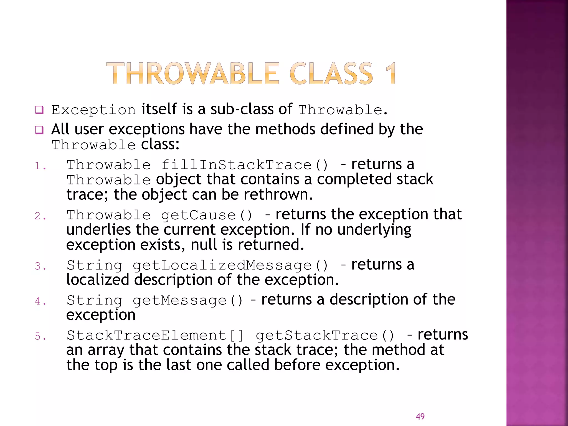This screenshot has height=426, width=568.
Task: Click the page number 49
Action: point(420,416)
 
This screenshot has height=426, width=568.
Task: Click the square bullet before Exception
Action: point(39,110)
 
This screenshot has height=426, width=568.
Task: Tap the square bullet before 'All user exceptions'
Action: point(39,130)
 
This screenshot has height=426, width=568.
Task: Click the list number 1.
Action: point(40,166)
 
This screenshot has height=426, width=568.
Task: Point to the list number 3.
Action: point(40,266)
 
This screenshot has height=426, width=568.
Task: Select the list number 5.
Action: point(40,336)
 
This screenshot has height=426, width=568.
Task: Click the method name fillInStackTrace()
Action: point(245,165)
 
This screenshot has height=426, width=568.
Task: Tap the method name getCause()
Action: point(207,215)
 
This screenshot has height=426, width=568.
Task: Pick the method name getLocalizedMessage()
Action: point(230,265)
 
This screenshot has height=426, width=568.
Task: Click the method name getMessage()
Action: point(188,301)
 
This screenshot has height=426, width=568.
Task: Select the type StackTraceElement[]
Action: point(155,336)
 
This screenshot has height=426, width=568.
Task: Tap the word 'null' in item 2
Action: point(204,245)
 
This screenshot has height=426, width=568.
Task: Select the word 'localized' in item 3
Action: point(98,280)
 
